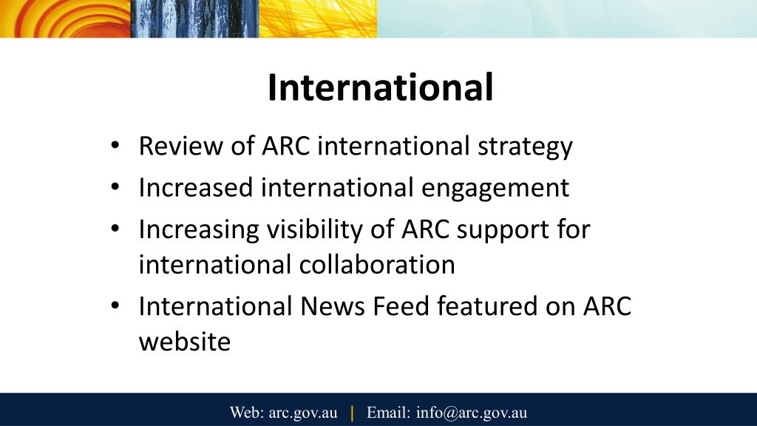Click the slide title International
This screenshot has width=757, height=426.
point(380,88)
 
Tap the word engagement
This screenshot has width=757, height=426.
point(495,188)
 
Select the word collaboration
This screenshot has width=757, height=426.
point(377,264)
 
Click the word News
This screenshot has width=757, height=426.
point(326,306)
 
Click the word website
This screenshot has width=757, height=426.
point(185,342)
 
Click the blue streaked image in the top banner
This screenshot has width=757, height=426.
point(195,18)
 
